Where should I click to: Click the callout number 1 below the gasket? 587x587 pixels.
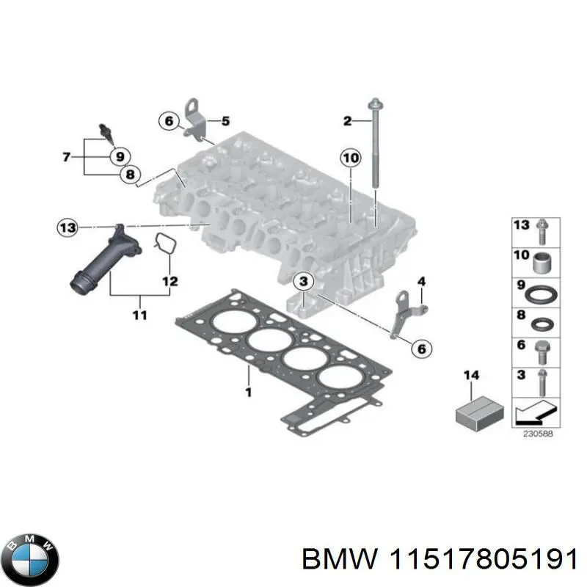(248, 393)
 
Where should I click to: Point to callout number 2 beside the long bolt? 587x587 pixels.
(347, 121)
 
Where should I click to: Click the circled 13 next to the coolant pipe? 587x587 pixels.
(68, 228)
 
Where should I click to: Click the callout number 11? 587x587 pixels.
(139, 316)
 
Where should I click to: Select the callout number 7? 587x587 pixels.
(66, 156)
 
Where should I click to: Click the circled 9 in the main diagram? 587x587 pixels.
(118, 156)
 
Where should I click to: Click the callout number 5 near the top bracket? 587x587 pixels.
(225, 121)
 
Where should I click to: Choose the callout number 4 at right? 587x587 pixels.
(421, 281)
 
